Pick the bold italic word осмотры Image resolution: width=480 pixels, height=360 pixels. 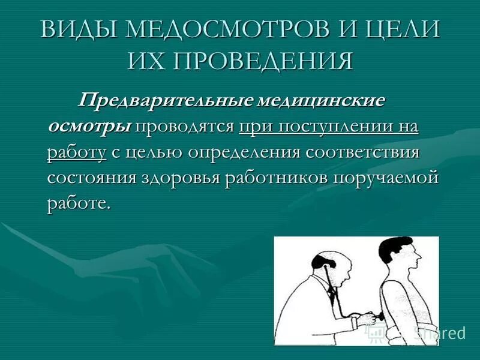(90, 127)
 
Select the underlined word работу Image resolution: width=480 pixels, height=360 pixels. (77, 152)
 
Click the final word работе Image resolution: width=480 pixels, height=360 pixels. (79, 204)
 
